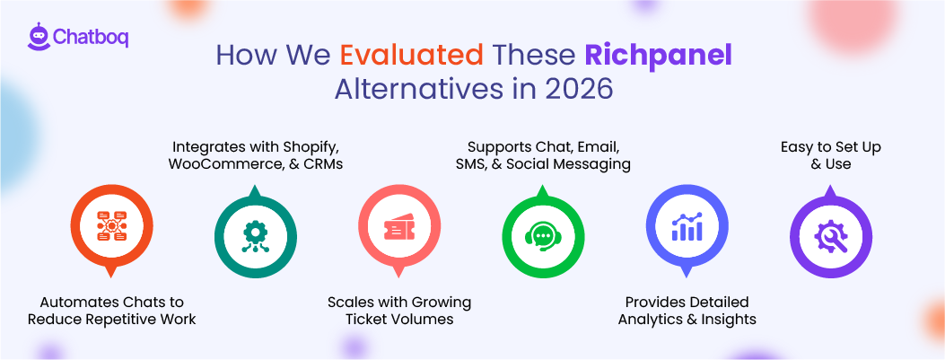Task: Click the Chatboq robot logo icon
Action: click(38, 38)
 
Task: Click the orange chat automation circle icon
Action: click(112, 228)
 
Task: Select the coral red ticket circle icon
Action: click(399, 228)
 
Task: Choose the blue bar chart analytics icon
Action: click(687, 228)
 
